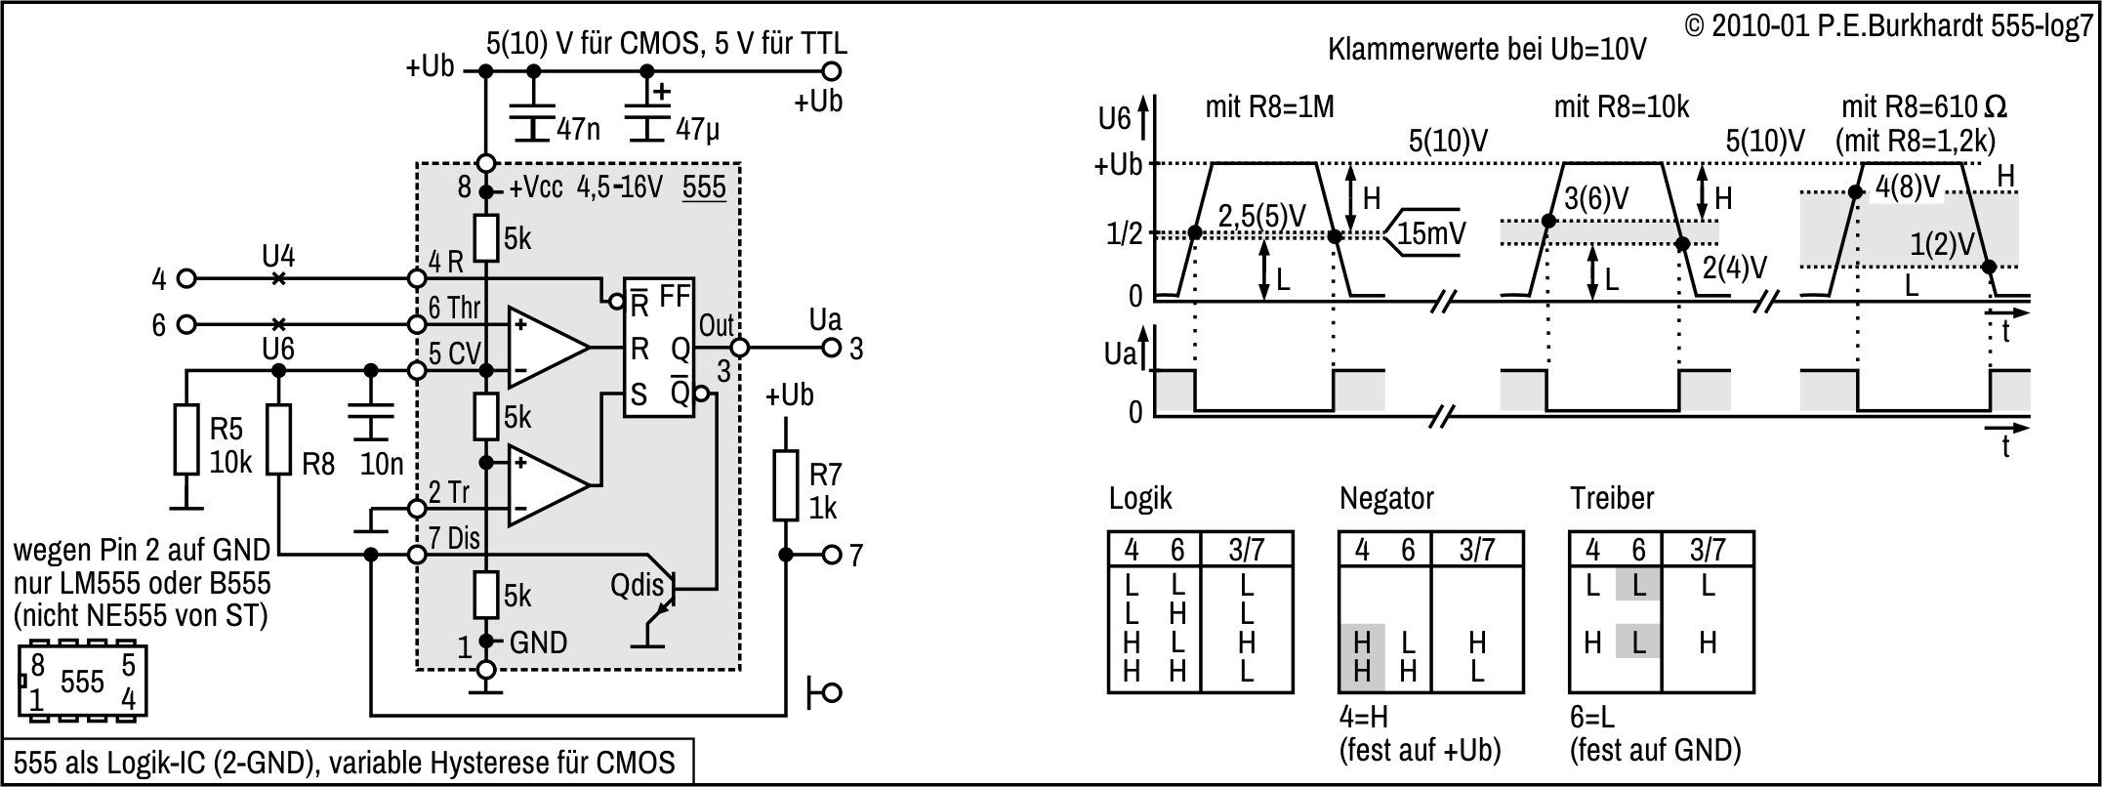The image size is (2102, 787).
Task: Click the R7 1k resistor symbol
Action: [x=786, y=485]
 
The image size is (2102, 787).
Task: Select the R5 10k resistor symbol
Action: [x=186, y=439]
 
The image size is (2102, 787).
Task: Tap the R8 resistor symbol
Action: [x=279, y=439]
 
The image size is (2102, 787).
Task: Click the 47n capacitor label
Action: [x=578, y=129]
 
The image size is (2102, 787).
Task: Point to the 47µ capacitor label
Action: [x=697, y=129]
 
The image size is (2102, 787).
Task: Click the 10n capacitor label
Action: [x=382, y=464]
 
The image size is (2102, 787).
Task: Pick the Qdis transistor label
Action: [x=637, y=585]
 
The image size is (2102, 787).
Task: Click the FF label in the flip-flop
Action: [x=676, y=296]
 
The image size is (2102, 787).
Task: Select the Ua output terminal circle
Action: [x=831, y=348]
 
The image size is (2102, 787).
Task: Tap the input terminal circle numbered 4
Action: [x=186, y=279]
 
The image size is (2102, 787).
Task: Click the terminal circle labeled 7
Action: [x=831, y=555]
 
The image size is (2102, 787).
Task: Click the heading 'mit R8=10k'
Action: [x=1621, y=106]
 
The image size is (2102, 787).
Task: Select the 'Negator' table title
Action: [x=1386, y=498]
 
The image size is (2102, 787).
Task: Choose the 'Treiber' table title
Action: [x=1612, y=498]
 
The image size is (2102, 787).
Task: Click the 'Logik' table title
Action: [x=1140, y=498]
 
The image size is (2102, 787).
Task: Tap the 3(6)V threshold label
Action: [x=1596, y=198]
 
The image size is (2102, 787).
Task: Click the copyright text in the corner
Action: [x=1888, y=26]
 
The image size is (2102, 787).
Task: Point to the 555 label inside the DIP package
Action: [x=82, y=682]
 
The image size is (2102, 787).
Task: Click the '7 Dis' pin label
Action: [x=455, y=537]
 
